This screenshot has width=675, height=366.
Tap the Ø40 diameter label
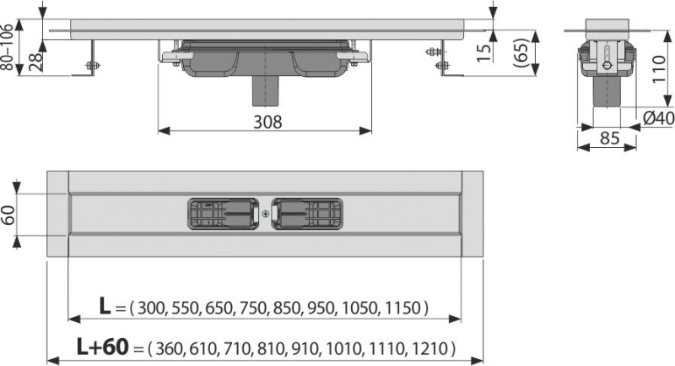click(656, 118)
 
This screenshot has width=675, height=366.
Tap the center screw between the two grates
click(267, 214)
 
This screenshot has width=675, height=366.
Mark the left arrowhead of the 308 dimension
click(160, 131)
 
